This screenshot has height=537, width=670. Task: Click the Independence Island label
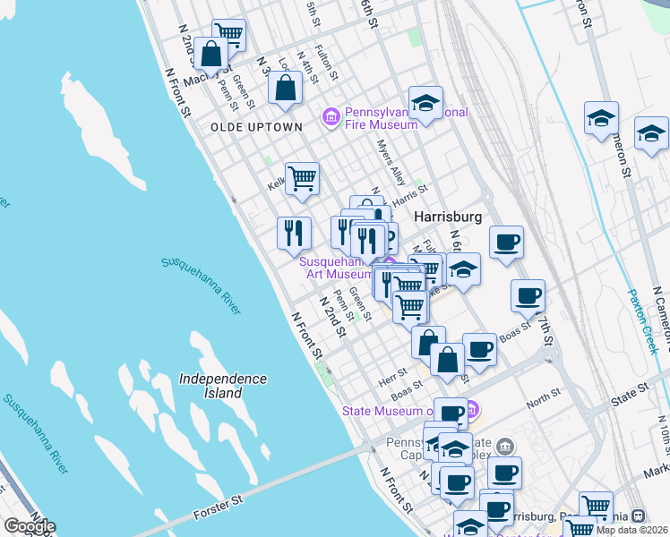click(x=223, y=386)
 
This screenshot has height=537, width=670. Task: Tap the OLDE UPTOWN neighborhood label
click(x=256, y=127)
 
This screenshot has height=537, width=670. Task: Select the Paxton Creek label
click(x=644, y=321)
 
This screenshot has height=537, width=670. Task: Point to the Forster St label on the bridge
click(x=219, y=516)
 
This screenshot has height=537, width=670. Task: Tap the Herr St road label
click(x=394, y=371)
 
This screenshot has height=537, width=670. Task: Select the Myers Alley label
click(x=391, y=162)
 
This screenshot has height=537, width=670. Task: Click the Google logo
click(x=29, y=526)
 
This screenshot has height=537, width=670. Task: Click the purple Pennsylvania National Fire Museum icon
click(x=331, y=116)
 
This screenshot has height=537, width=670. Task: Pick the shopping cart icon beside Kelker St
click(x=302, y=177)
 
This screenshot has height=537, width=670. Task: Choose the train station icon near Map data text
click(x=638, y=516)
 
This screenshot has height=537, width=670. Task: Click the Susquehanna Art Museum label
click(x=335, y=268)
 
